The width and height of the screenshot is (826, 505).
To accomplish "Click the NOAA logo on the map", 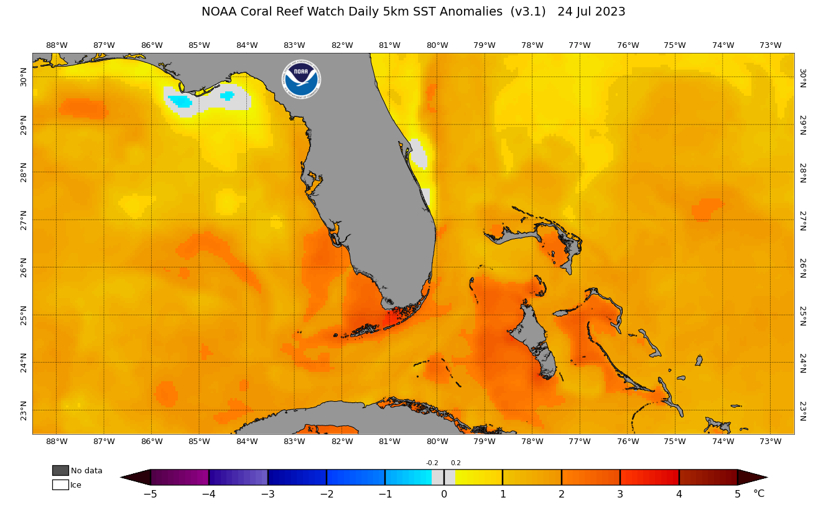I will [302, 79].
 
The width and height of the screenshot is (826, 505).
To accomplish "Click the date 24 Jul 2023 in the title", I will [591, 12].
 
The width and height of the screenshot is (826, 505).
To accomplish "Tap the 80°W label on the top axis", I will [437, 45].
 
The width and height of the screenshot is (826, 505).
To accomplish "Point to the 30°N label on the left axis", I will [24, 76].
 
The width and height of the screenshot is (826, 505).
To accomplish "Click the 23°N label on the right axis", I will [802, 410].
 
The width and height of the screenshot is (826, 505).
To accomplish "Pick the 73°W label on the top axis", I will [770, 45].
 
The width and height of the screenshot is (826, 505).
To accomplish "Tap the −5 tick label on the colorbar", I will [150, 494].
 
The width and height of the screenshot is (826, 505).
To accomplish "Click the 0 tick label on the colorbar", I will [444, 494].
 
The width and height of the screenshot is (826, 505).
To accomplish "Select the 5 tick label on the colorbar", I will [738, 494].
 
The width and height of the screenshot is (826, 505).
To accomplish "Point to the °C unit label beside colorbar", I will [759, 494].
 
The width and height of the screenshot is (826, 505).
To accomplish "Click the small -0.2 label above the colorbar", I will [432, 463].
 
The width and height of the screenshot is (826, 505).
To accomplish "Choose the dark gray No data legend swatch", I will [60, 470].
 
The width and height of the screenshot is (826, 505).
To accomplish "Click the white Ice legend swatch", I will [60, 484].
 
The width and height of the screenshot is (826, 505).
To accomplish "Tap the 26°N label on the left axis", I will [24, 267].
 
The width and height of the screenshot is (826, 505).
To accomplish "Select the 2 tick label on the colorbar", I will [562, 494].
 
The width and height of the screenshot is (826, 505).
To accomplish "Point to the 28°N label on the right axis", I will [802, 172].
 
